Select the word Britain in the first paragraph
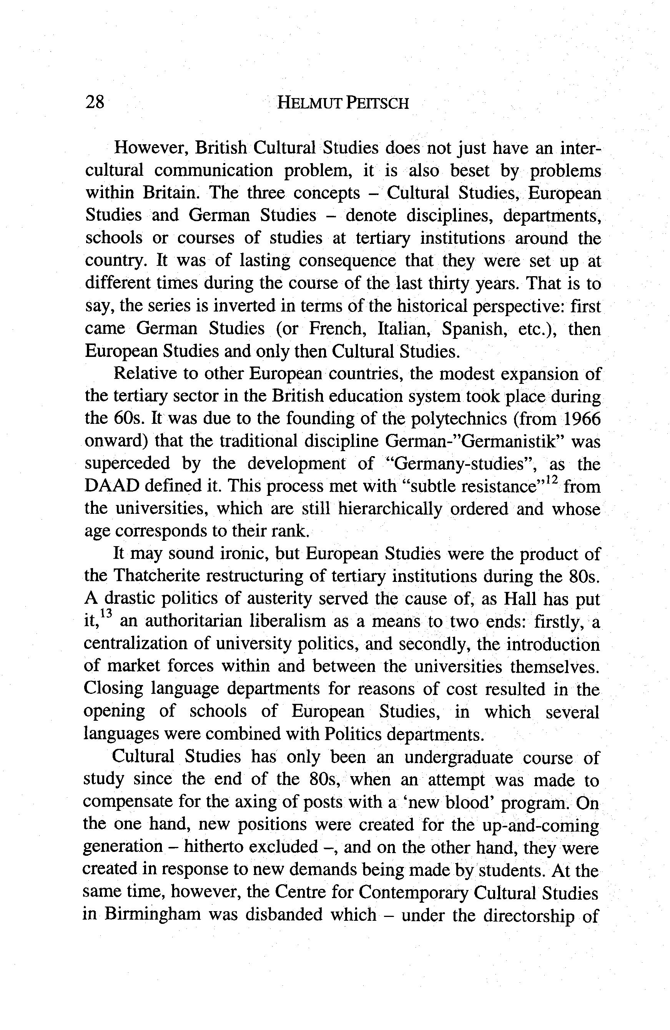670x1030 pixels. point(170,193)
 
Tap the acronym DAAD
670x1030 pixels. point(111,486)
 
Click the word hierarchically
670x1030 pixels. point(390,508)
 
